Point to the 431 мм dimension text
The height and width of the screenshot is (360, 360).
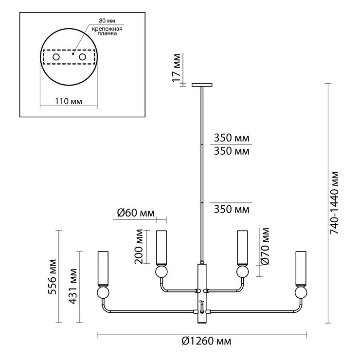(x=74, y=286)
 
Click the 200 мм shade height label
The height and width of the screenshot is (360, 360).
(x=140, y=246)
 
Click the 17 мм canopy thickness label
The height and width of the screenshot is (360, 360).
(x=177, y=68)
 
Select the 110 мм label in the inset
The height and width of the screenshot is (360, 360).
(x=68, y=102)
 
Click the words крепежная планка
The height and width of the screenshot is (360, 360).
(x=106, y=33)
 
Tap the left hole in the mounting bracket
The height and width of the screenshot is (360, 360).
(x=56, y=58)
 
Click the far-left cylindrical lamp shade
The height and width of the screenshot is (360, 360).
(x=102, y=268)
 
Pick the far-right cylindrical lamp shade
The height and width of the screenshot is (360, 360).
(x=301, y=268)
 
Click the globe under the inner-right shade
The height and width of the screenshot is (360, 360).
(x=242, y=270)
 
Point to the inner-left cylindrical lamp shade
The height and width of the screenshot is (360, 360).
(x=161, y=247)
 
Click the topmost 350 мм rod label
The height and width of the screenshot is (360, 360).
(x=231, y=138)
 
